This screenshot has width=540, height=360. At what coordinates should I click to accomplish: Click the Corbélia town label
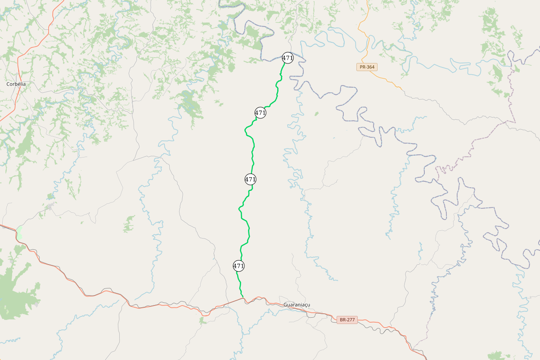tap(16, 84)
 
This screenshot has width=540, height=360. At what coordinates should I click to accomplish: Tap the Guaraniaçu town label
tap(297, 305)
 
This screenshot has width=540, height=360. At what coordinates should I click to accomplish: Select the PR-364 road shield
tap(367, 67)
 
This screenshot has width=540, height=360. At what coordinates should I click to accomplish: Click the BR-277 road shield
tap(347, 320)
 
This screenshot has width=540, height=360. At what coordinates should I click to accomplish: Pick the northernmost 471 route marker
tap(288, 58)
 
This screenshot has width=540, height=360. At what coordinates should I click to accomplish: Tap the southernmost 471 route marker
tap(238, 266)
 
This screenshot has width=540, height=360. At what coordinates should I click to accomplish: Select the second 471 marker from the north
tap(260, 112)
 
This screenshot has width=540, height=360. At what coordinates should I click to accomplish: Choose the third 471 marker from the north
tap(250, 179)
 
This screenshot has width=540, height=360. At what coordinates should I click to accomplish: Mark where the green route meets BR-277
tap(243, 298)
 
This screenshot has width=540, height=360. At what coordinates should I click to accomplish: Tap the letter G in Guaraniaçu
tap(285, 305)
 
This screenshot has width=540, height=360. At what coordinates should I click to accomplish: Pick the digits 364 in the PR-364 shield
tap(370, 67)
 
